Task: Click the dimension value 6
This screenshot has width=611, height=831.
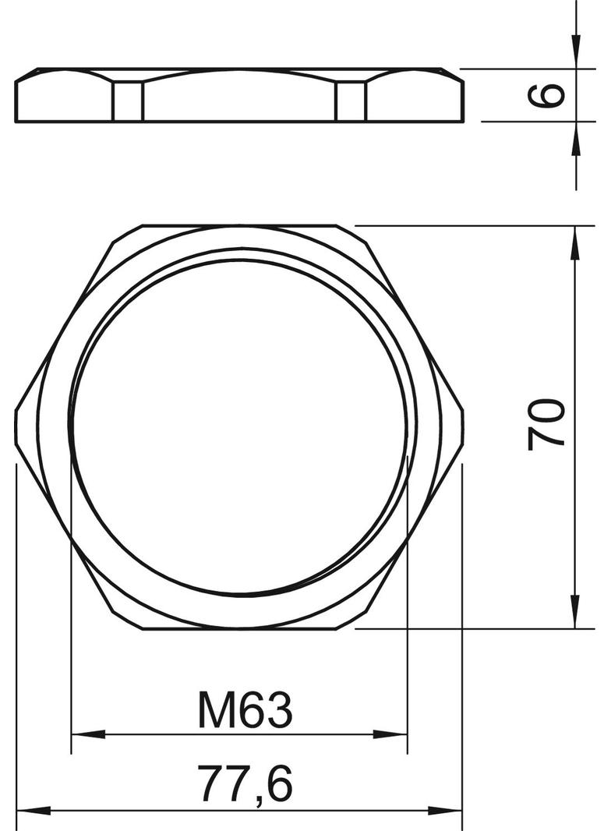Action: click(x=551, y=95)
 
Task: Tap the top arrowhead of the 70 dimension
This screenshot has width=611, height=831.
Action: click(x=575, y=242)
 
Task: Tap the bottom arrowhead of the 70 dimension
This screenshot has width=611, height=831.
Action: click(x=575, y=612)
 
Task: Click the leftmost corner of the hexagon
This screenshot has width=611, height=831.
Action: click(x=16, y=426)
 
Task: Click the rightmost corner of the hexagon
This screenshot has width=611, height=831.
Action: click(x=464, y=426)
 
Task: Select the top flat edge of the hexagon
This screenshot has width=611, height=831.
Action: click(x=239, y=226)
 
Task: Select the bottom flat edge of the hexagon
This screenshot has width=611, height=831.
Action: click(x=239, y=628)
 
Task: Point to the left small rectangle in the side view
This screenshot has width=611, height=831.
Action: click(x=129, y=102)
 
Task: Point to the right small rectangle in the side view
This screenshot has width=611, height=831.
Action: click(x=351, y=102)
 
